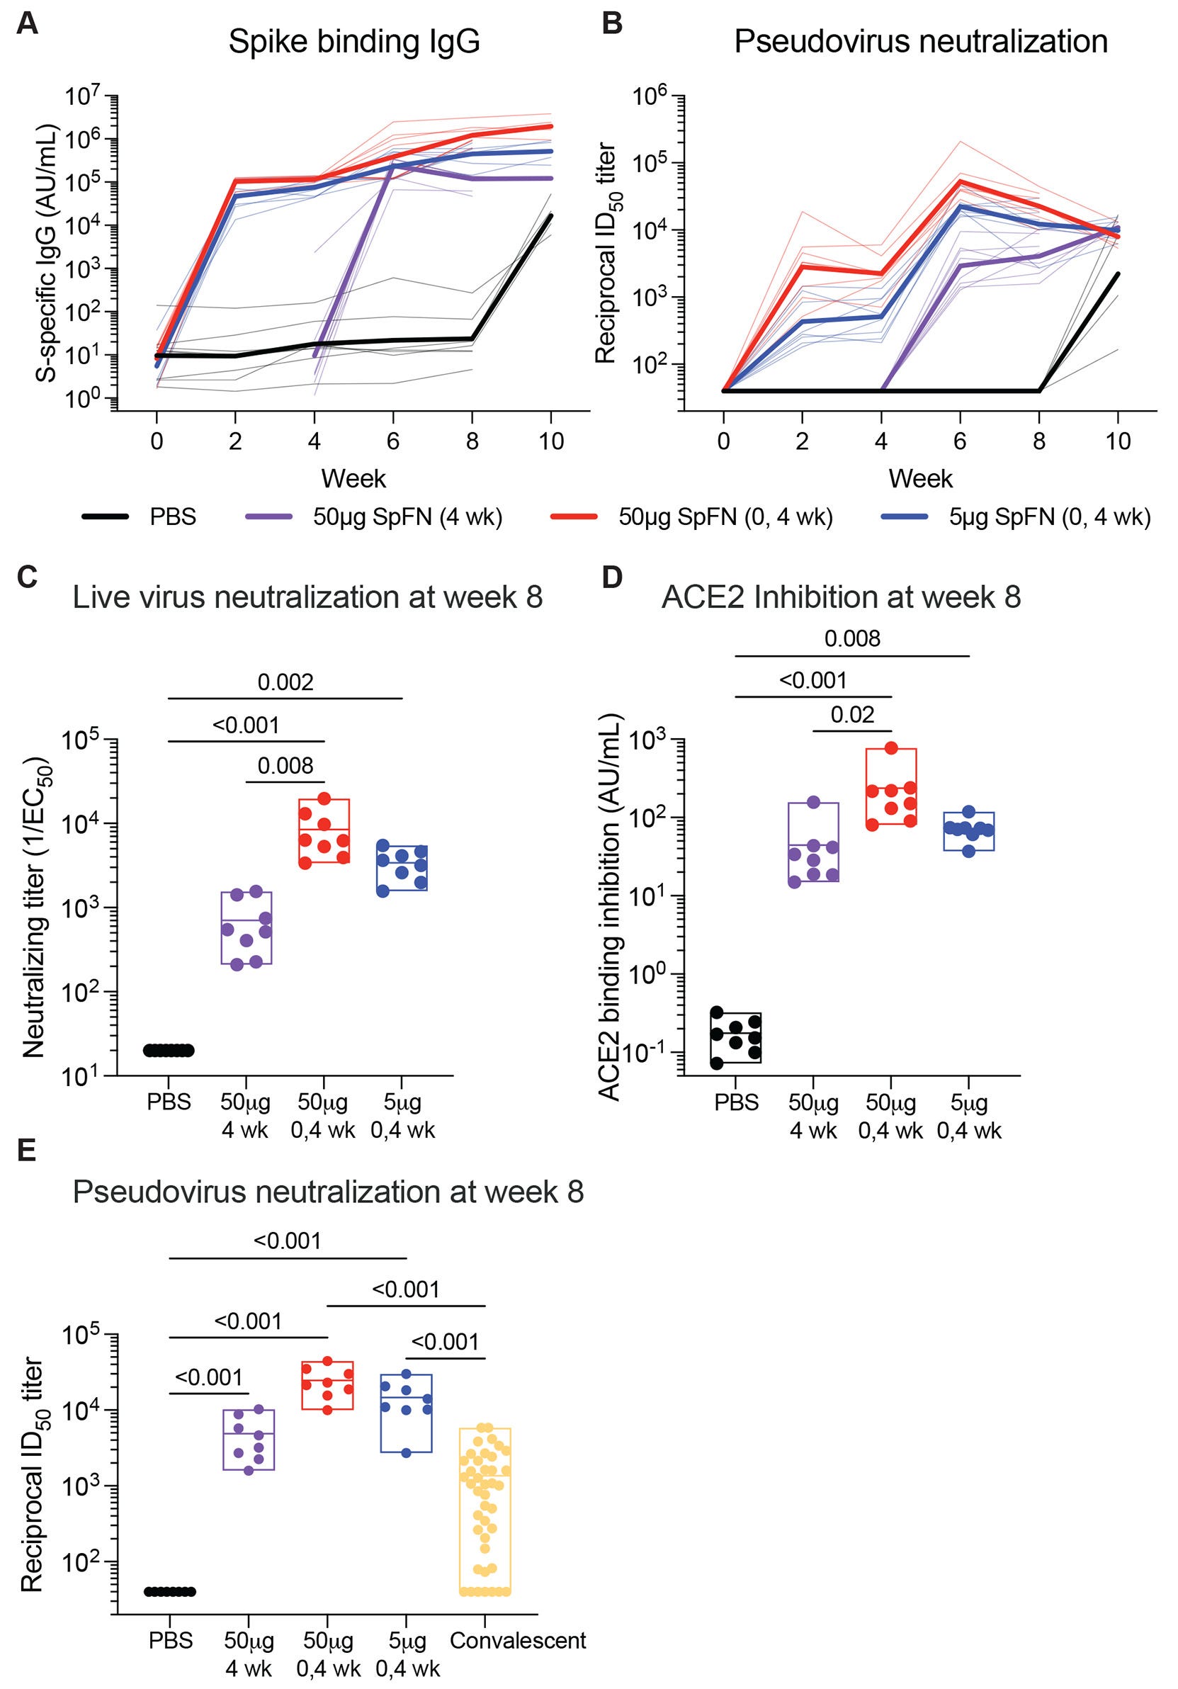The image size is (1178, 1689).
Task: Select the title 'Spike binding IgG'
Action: pyautogui.click(x=353, y=42)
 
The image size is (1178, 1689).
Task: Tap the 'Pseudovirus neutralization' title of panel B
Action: pyautogui.click(x=921, y=42)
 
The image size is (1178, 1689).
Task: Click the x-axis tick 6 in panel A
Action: pyautogui.click(x=393, y=441)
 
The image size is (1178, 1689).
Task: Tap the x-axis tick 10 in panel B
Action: pyautogui.click(x=1118, y=441)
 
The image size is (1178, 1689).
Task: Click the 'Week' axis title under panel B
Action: pyautogui.click(x=921, y=479)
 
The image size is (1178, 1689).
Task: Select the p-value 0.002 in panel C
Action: pyautogui.click(x=285, y=682)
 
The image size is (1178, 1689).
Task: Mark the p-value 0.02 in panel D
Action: pyautogui.click(x=852, y=714)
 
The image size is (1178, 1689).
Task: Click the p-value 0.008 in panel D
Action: pyautogui.click(x=852, y=638)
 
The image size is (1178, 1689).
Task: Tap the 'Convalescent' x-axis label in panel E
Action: pyautogui.click(x=518, y=1639)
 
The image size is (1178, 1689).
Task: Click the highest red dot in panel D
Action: pyautogui.click(x=891, y=748)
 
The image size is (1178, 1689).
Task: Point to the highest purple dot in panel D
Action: pyautogui.click(x=813, y=802)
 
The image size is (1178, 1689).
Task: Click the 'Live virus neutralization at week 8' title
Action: pyautogui.click(x=307, y=597)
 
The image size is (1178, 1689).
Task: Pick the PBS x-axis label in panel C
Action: pyautogui.click(x=169, y=1102)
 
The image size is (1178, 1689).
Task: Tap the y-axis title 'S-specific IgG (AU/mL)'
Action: pyautogui.click(x=46, y=253)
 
